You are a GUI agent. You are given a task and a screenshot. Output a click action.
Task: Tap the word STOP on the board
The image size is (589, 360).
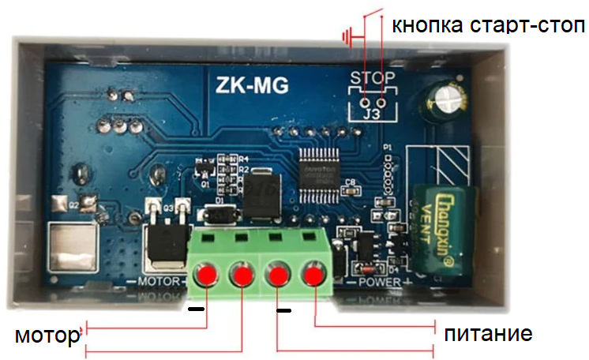[x=370, y=77]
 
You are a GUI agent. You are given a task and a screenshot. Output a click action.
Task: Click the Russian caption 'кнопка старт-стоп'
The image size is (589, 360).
[x=488, y=25]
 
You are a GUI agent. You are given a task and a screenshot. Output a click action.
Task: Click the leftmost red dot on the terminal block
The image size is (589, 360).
[x=207, y=276]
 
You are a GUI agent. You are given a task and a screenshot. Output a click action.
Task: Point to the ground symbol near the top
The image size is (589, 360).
[x=347, y=36]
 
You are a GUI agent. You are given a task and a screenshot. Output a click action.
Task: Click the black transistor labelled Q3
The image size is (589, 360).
[x=167, y=243]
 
